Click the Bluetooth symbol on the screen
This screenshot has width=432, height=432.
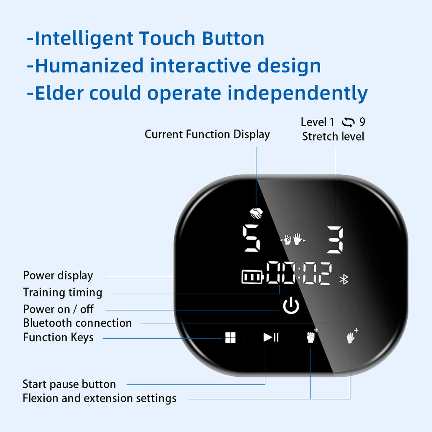pos(344,279)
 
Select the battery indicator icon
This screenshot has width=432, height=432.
pos(252,277)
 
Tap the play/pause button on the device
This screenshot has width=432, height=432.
pos(271,337)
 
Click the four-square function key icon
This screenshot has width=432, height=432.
pos(230,337)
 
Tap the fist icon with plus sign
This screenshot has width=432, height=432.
pos(312,336)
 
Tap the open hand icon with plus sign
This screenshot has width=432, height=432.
pos(352,336)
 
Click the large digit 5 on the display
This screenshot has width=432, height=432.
pos(251,238)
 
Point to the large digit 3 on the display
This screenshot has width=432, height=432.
pos(335,240)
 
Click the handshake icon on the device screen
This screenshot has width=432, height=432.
pos(256,213)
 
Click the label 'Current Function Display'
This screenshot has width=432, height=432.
pos(207,135)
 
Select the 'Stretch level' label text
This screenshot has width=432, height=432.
pos(333,136)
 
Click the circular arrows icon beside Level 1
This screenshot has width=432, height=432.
pos(348,122)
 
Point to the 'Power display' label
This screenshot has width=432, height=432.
pos(58,276)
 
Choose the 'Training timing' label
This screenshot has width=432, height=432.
pos(62,293)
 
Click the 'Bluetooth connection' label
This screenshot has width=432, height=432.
pos(78,323)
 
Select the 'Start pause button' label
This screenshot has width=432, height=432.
pos(69,384)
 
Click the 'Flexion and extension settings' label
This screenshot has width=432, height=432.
pos(100,398)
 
